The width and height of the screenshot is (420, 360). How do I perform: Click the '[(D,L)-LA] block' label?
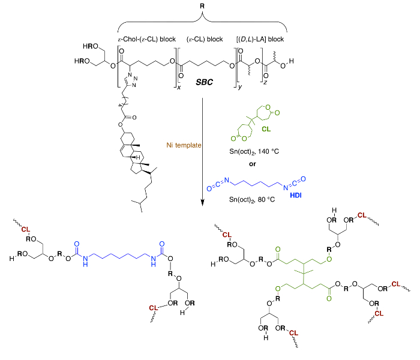(x=260, y=40)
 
